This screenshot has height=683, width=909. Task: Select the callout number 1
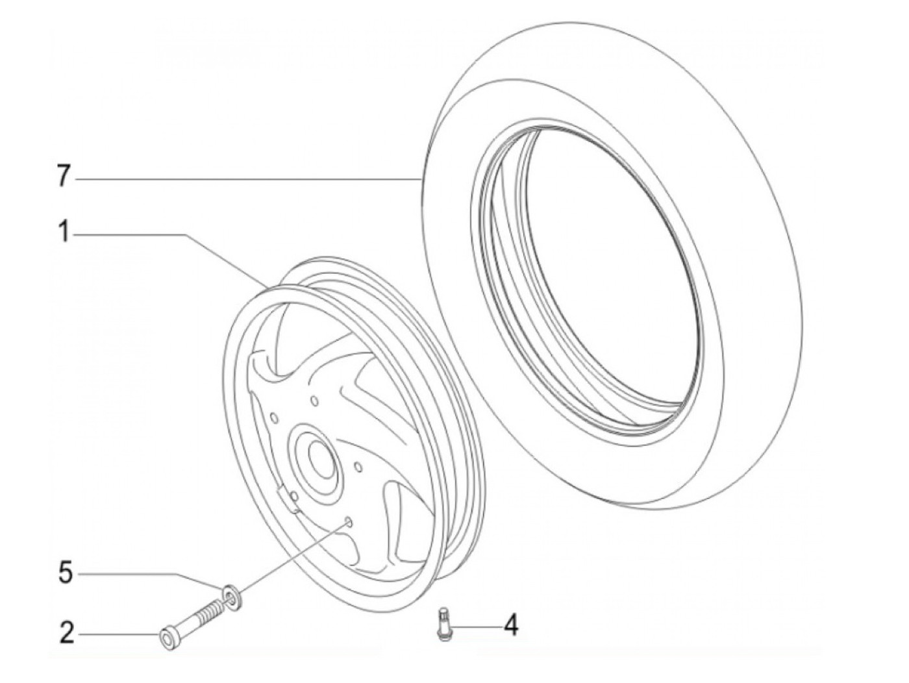coord(64,231)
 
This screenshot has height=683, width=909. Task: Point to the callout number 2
coord(67,633)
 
